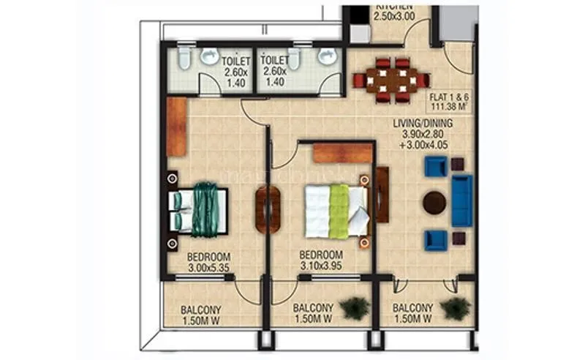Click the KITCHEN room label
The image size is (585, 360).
coord(395,5)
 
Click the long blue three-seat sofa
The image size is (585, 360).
coord(461,200)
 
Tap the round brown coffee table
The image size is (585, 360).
coord(434,202)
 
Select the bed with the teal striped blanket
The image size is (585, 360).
coord(199,211)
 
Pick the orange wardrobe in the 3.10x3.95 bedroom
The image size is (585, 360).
coord(343,153)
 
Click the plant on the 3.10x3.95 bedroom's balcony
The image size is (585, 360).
coord(355,308)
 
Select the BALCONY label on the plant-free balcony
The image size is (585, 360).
coord(202,315)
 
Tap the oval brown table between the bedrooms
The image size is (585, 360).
coord(267,210)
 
